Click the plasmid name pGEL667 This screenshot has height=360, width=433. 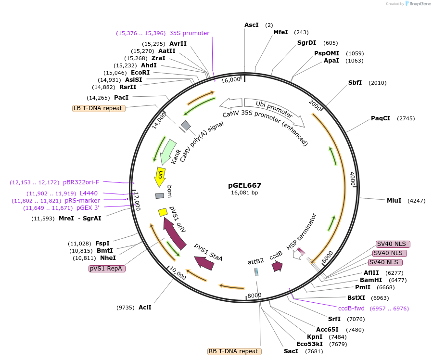click(x=245, y=185)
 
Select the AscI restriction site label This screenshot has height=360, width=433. click(x=251, y=25)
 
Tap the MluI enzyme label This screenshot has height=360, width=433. click(x=394, y=200)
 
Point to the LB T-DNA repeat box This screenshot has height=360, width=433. click(x=99, y=108)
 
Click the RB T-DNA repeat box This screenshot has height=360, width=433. click(x=235, y=351)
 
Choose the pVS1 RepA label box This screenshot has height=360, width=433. click(x=107, y=269)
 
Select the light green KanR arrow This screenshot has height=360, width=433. click(x=167, y=151)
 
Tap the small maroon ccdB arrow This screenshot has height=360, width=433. click(x=277, y=266)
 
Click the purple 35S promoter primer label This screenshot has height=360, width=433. click(x=189, y=33)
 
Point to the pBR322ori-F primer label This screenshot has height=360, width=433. click(x=81, y=182)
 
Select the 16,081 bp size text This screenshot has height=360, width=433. click(x=244, y=193)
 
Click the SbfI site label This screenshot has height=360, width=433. click(x=355, y=83)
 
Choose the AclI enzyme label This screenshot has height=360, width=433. click(x=145, y=307)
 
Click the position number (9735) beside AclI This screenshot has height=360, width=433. click(x=126, y=307)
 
